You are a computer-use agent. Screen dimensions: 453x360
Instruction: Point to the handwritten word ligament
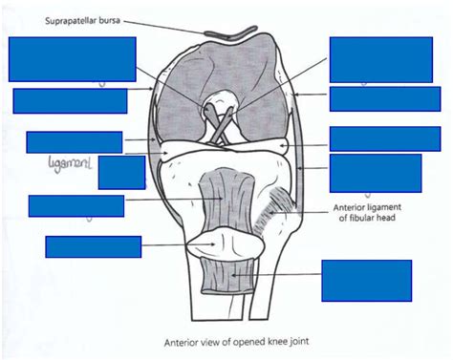pos(68,165)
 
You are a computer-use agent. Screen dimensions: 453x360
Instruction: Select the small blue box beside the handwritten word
pos(121,172)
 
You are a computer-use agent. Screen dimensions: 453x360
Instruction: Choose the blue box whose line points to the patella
pos(93,246)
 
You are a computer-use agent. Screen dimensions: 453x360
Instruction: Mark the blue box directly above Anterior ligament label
pos(375,173)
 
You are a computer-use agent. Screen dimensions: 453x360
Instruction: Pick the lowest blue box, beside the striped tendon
pos(366,281)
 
